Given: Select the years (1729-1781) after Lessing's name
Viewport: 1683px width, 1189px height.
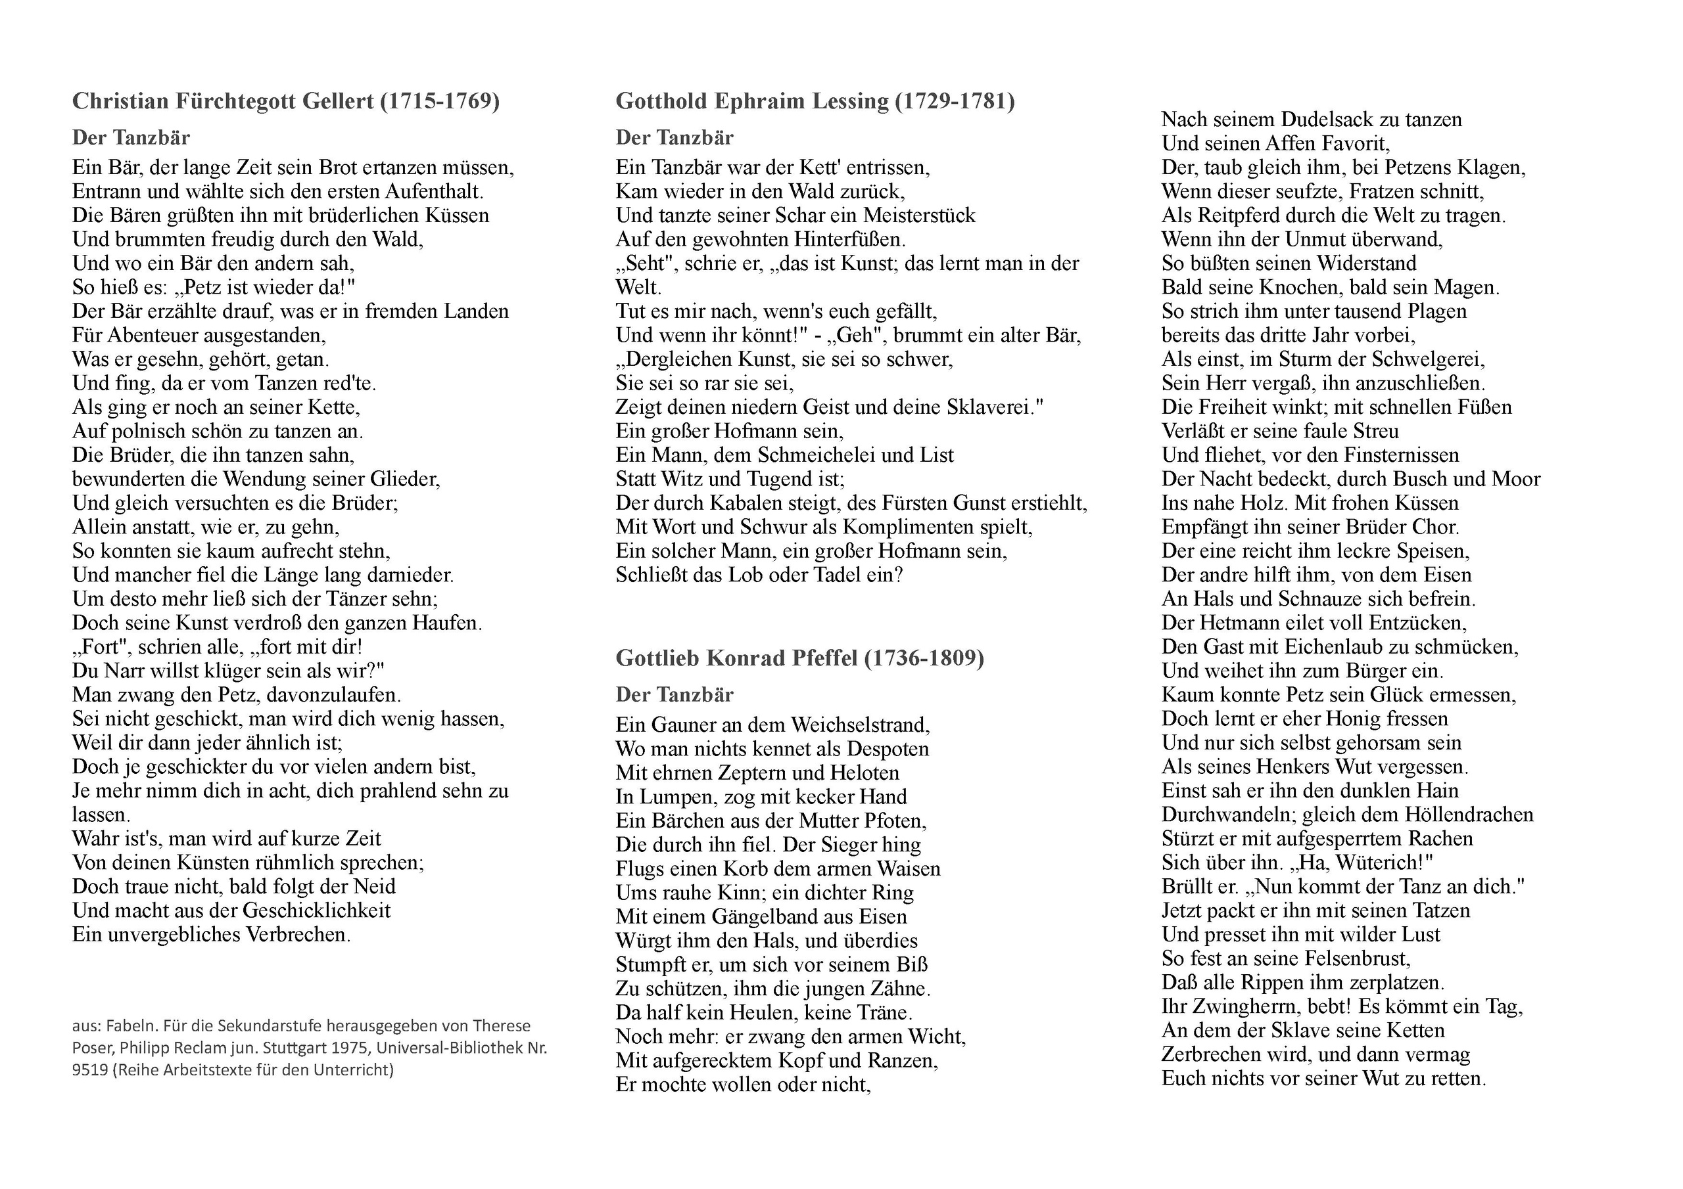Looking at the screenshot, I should [955, 101].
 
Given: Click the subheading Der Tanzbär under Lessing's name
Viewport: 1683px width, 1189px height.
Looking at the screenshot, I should [675, 137].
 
